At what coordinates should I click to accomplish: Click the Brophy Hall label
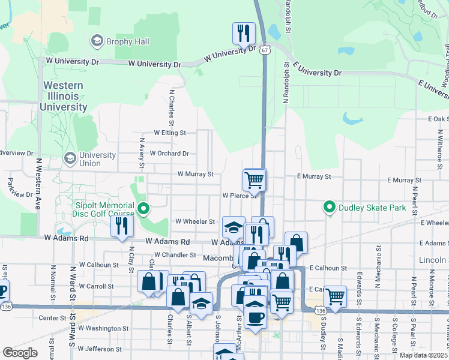point(128,42)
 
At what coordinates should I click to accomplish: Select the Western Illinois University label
point(64,96)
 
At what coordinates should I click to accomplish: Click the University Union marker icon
point(70,158)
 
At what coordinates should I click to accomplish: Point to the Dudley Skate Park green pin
point(329,208)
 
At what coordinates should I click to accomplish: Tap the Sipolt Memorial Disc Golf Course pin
point(143,209)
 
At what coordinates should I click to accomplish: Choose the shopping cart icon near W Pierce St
point(255,179)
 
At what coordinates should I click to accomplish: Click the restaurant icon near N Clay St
point(121,227)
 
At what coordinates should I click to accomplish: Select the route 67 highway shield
point(265,50)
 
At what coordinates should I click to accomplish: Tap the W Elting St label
point(170,133)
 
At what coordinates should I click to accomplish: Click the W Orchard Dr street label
point(169,154)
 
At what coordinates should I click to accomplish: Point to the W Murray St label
point(195,175)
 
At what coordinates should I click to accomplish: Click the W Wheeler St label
point(194,221)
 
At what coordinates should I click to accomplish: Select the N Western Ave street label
point(37,183)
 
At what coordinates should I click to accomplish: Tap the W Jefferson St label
point(100,349)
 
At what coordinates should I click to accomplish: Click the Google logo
point(20,353)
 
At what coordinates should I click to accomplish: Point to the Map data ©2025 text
point(423,355)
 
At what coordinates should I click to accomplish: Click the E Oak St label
point(438,119)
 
